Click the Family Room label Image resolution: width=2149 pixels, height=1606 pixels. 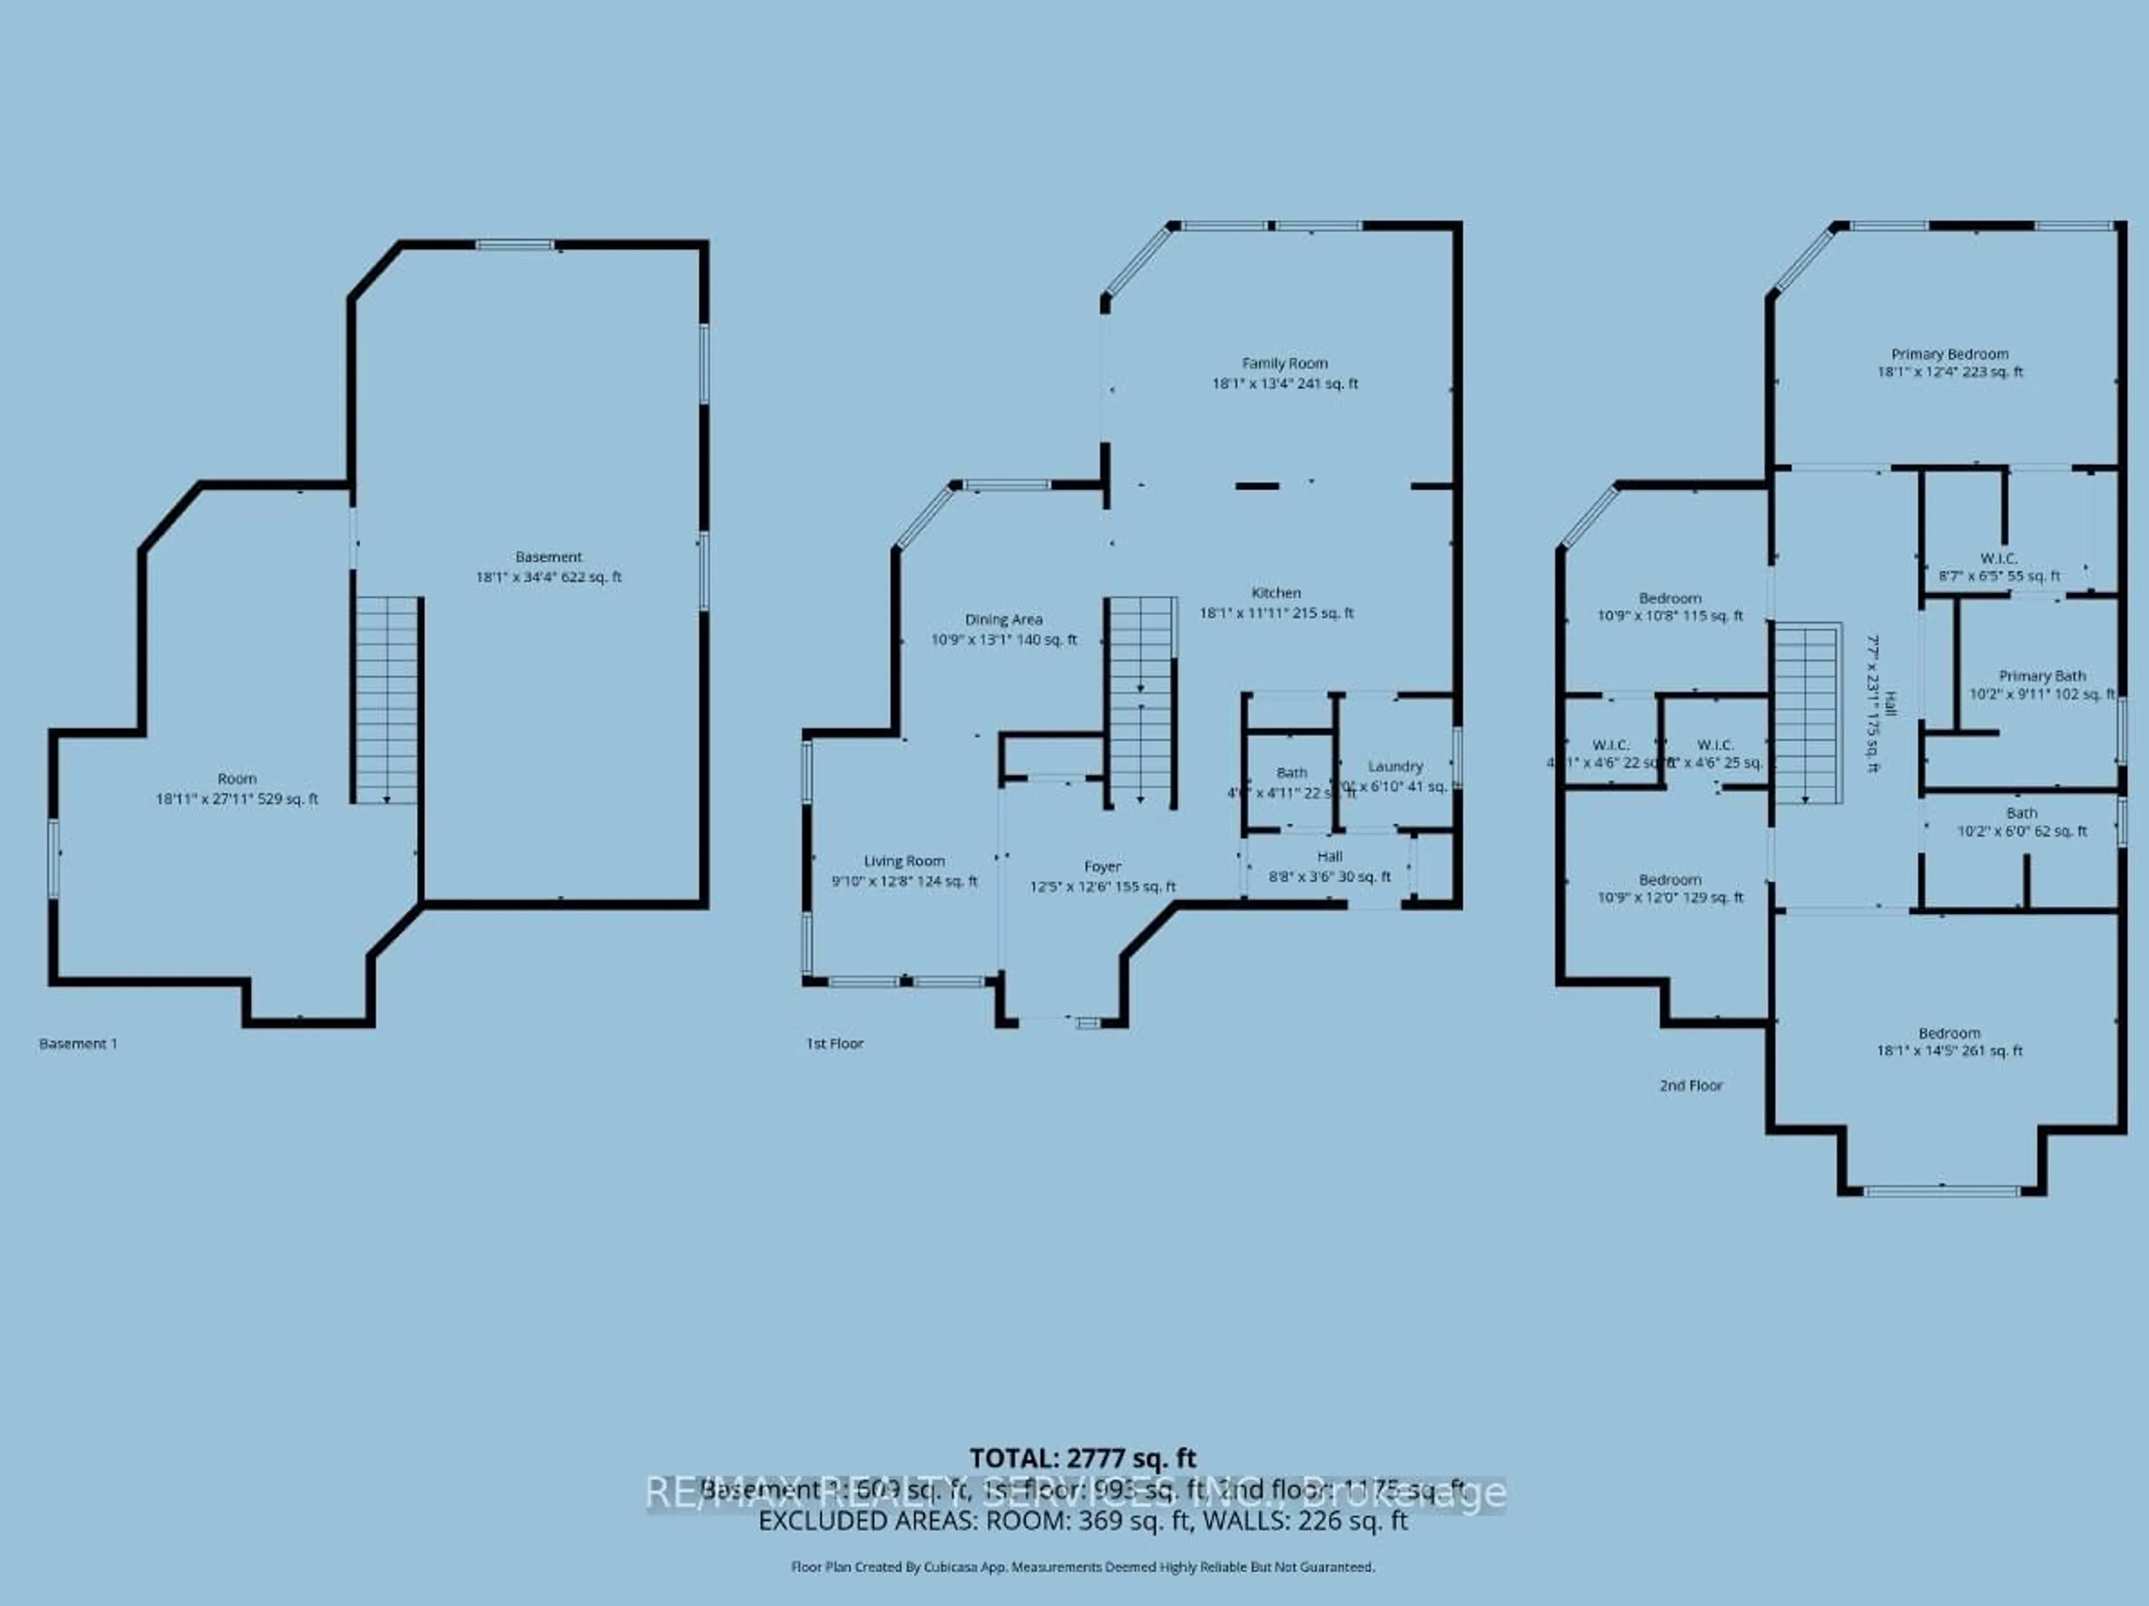point(1284,373)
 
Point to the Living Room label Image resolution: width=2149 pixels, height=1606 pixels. point(904,870)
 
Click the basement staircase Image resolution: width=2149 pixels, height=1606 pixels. point(387,700)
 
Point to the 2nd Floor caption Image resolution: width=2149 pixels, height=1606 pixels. point(1691,1085)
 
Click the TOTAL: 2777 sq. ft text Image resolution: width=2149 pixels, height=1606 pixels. point(1082,1457)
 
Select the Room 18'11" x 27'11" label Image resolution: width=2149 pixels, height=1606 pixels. point(237,788)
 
